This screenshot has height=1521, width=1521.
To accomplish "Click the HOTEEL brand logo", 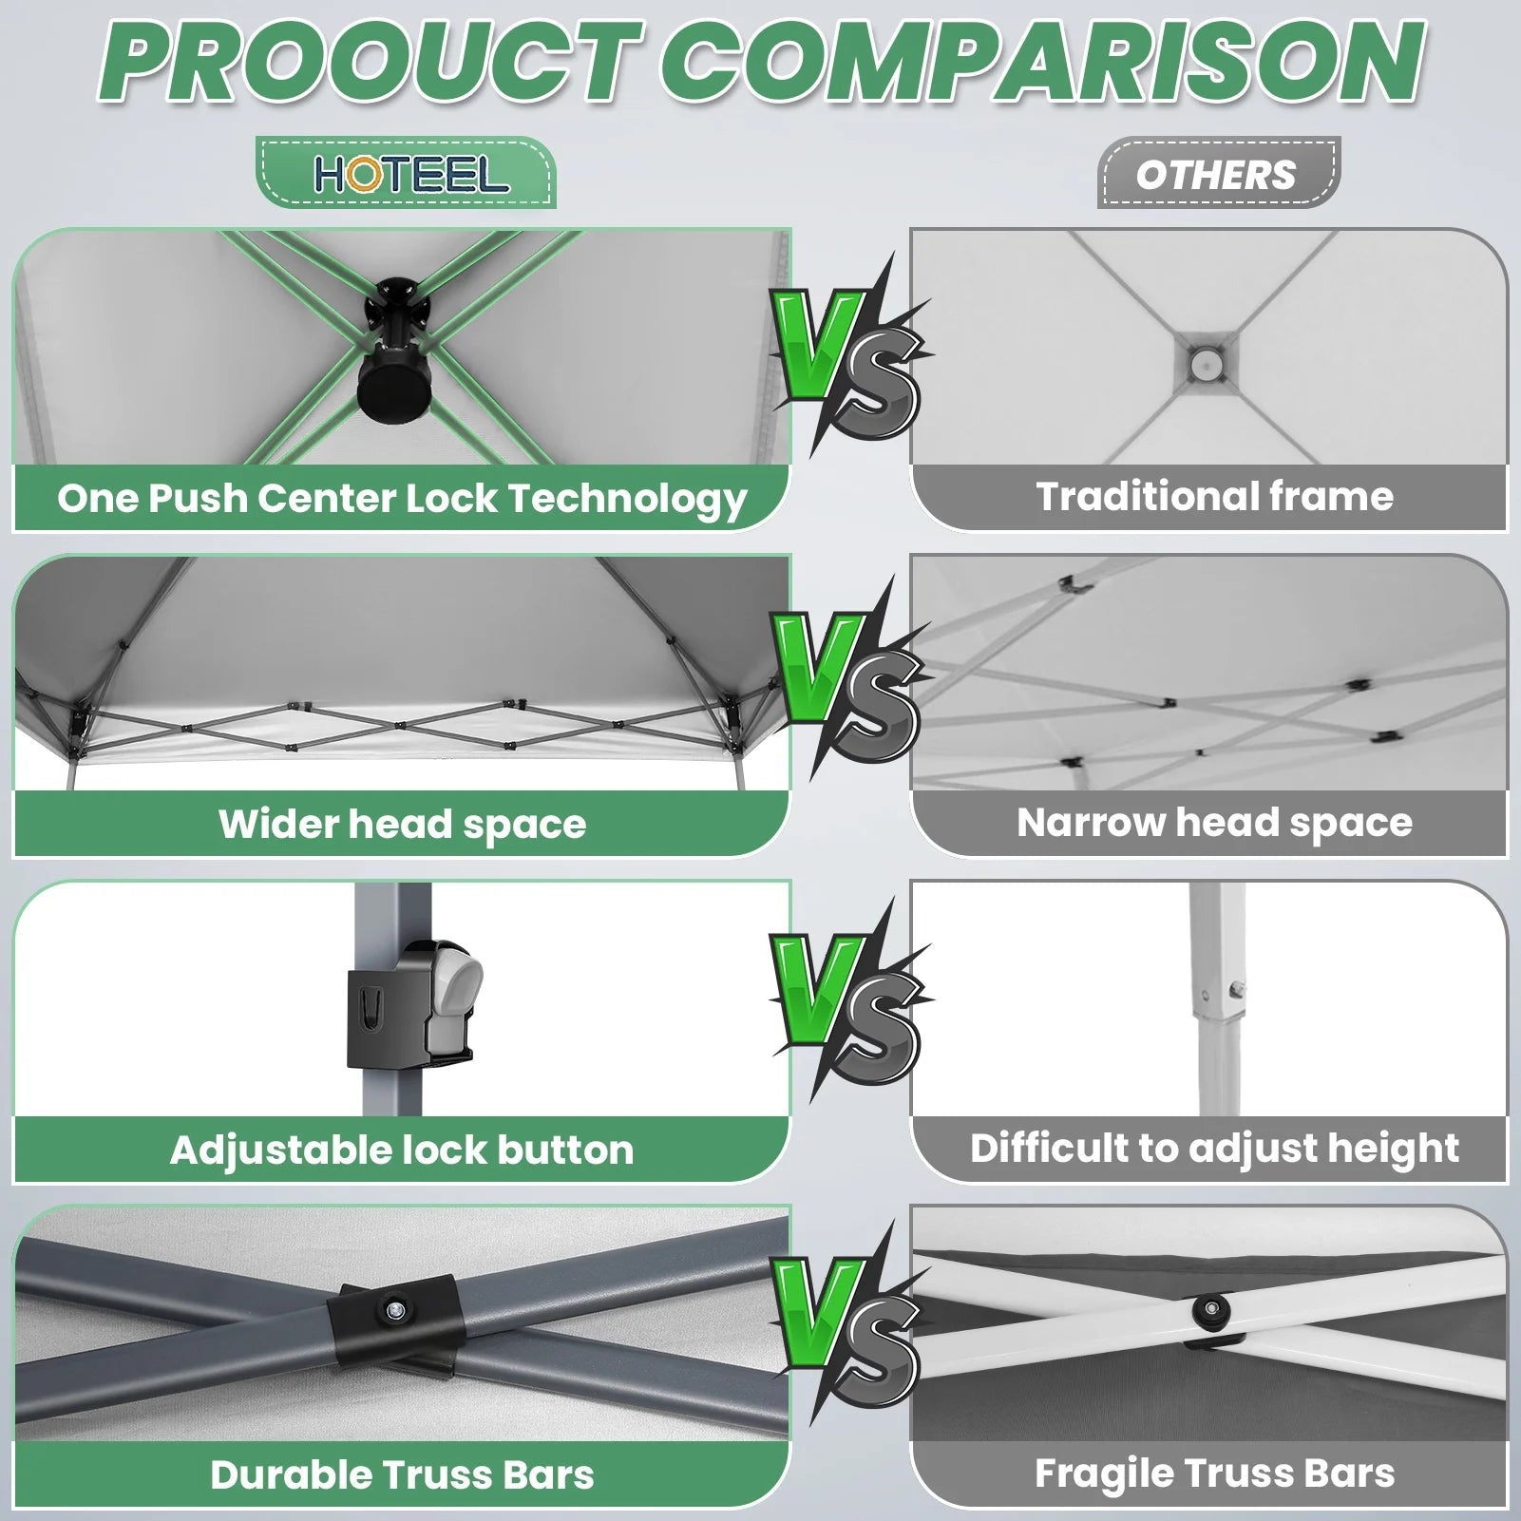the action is [x=411, y=175].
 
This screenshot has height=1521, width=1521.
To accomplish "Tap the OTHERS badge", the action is [x=1218, y=174].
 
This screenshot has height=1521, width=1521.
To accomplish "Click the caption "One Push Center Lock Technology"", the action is [x=402, y=499].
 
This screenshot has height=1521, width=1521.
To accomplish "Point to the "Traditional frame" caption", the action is [x=1214, y=496].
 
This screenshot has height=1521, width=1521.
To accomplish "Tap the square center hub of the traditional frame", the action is [x=1206, y=362].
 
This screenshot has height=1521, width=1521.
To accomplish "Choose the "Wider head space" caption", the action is [x=402, y=824].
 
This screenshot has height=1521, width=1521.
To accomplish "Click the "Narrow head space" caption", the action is [x=1214, y=823].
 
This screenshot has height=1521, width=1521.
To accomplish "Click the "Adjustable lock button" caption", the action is [x=402, y=1150].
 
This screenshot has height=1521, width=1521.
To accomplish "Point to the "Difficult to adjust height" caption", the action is [x=1214, y=1149].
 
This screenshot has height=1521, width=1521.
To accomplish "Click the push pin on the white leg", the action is [x=1238, y=990].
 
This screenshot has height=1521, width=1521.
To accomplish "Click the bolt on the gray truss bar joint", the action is [x=393, y=1312].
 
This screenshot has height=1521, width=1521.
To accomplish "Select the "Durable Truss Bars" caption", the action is [x=402, y=1475].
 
